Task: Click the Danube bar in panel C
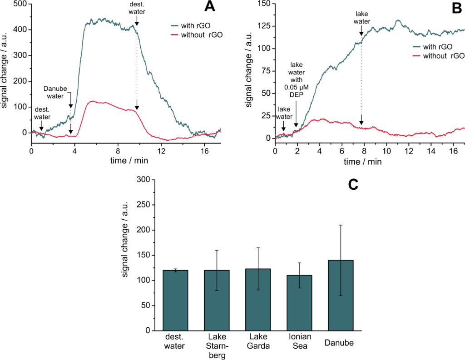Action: coord(340,295)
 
